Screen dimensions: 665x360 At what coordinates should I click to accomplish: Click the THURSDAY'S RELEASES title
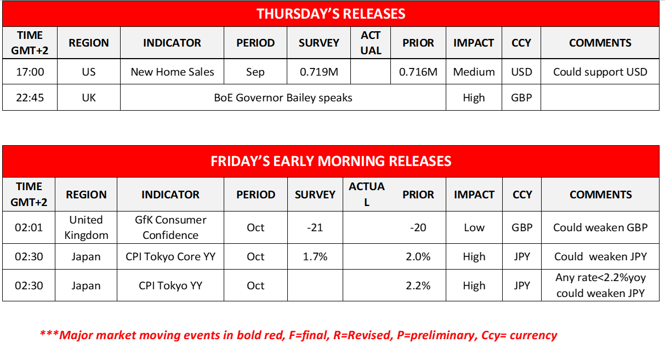(x=331, y=14)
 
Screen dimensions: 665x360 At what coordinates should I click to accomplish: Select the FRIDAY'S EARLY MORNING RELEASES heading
(x=331, y=161)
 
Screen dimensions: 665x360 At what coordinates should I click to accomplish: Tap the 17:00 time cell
(x=30, y=72)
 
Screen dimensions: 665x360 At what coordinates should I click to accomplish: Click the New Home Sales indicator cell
(x=172, y=72)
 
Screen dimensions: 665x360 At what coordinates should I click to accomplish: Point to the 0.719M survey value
(x=319, y=72)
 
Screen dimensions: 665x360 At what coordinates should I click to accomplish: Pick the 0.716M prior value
(x=418, y=72)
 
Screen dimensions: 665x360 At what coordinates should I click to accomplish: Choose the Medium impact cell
(x=474, y=72)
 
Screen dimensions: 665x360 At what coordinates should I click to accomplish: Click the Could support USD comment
(x=600, y=72)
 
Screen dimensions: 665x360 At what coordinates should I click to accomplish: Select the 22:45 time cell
(x=30, y=98)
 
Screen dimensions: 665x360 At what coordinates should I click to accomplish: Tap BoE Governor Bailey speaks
(x=283, y=98)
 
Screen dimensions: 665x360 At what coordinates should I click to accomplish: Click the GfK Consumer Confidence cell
(x=170, y=227)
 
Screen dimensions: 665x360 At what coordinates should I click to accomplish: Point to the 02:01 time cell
(x=29, y=227)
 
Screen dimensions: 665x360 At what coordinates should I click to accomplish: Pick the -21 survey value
(x=315, y=227)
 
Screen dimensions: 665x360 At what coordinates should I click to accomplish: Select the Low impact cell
(x=474, y=227)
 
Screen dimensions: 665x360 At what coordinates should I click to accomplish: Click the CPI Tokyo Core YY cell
(x=170, y=256)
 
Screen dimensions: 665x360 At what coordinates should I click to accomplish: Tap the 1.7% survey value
(x=315, y=256)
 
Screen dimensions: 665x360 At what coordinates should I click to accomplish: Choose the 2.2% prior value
(x=418, y=285)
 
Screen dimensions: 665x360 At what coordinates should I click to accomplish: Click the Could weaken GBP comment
(x=600, y=227)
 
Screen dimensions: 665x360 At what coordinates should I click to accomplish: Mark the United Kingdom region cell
(x=86, y=227)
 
